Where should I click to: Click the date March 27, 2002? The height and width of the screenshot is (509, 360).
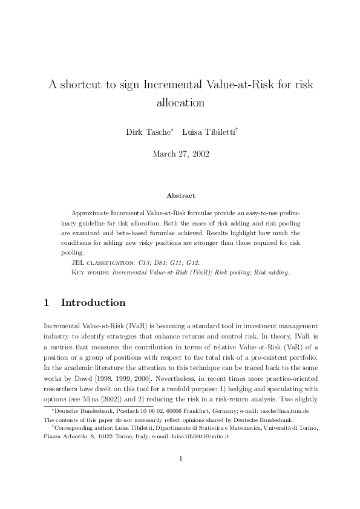click(180, 154)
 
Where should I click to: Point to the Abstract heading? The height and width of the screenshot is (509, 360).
click(180, 195)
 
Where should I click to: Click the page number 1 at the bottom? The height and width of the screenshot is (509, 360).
click(180, 475)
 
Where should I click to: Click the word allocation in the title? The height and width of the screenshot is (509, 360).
click(180, 103)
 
